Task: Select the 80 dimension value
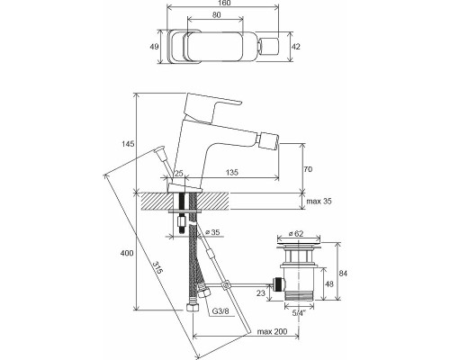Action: [216, 15]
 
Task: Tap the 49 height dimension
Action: [154, 47]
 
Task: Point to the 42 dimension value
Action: [295, 47]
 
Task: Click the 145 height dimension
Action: [128, 144]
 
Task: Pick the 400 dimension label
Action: [127, 253]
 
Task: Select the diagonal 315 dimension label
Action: [157, 268]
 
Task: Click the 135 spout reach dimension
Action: [231, 172]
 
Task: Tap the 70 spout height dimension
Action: [308, 169]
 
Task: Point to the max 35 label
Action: [319, 201]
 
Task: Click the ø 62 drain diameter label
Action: [296, 234]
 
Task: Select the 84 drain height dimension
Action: [343, 274]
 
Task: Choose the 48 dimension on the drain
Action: [329, 283]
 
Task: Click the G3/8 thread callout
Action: [220, 311]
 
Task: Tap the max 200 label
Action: [272, 331]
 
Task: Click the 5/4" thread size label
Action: [298, 313]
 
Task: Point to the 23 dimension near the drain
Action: [261, 292]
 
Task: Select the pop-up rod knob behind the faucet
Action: [159, 151]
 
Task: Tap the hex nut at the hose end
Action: [191, 308]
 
